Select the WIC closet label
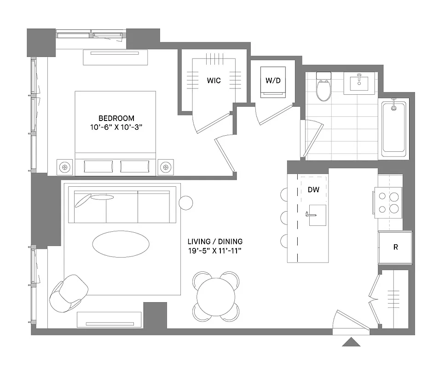(x=214, y=80)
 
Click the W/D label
(x=272, y=80)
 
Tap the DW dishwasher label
(x=313, y=189)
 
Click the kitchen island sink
(x=317, y=215)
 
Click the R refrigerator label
(x=395, y=247)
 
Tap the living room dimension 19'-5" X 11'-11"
(x=215, y=251)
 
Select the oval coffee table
(x=121, y=242)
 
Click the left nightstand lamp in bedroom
(x=65, y=167)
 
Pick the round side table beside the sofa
(x=186, y=203)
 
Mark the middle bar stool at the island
(x=283, y=217)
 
